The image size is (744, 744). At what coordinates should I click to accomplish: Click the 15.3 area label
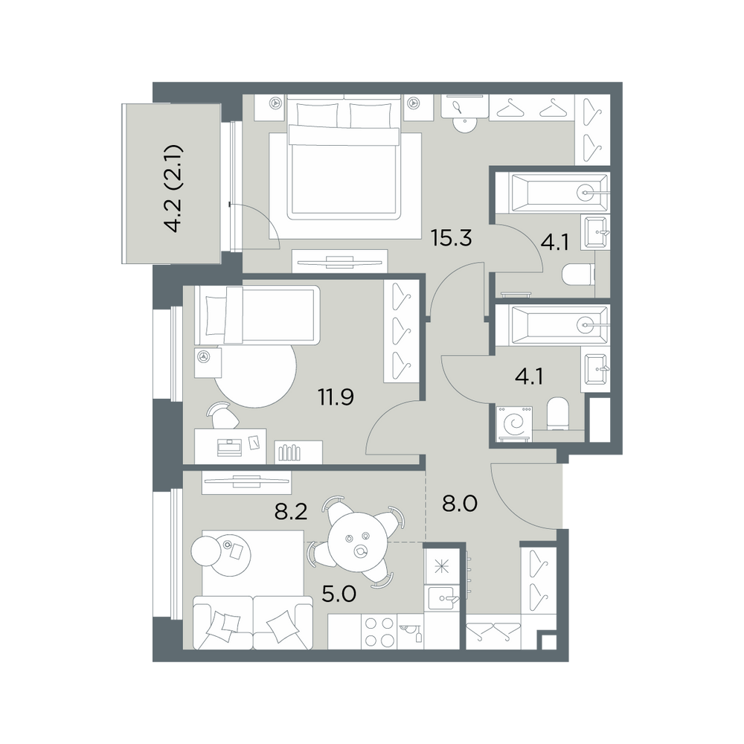(451, 238)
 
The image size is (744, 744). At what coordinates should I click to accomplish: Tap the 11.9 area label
(336, 397)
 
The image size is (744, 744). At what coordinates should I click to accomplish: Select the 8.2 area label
(291, 512)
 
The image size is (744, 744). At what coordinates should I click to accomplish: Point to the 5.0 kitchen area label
(339, 594)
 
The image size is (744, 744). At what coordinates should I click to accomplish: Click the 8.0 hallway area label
(459, 504)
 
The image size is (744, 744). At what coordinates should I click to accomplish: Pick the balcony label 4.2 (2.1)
(173, 188)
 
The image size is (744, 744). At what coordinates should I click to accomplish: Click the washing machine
(514, 424)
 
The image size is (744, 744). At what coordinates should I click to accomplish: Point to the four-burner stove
(379, 632)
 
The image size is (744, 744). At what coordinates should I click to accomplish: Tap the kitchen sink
(443, 597)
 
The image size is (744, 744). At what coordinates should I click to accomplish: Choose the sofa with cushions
(253, 623)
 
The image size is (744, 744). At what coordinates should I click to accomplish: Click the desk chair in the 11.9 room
(222, 415)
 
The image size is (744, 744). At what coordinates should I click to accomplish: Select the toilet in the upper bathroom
(578, 275)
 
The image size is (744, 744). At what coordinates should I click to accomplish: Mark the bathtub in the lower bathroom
(558, 326)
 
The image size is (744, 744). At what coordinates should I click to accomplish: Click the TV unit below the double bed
(340, 261)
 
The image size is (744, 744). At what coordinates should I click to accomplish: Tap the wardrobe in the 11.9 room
(402, 331)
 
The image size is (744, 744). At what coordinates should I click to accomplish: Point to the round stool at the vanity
(464, 124)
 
